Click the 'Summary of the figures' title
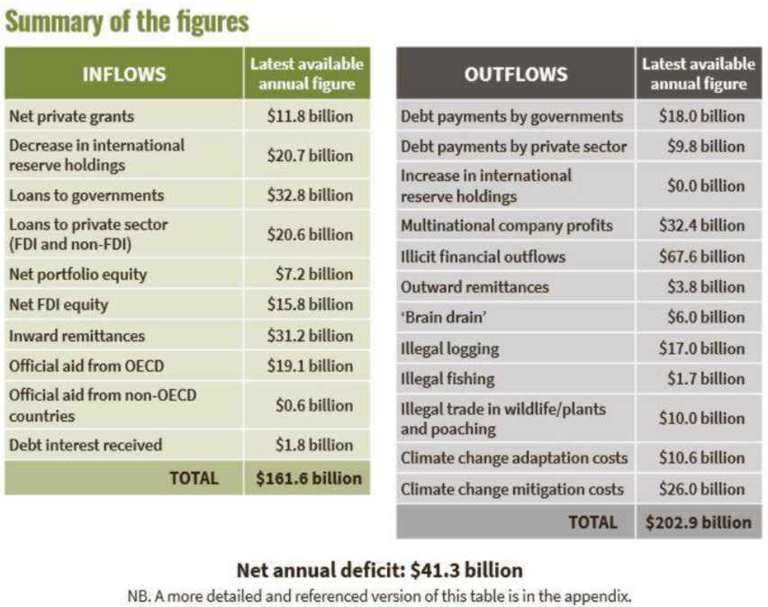127,21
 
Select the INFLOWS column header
124,74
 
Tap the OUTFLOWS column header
516,74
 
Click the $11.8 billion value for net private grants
310,116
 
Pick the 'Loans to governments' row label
86,195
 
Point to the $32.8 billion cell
310,195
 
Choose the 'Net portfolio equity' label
77,275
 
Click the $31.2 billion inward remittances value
310,336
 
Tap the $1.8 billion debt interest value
314,445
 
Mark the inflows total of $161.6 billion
308,478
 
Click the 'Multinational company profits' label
506,225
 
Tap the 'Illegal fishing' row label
447,379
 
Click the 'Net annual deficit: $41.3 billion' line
379,570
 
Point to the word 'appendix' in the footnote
604,595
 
